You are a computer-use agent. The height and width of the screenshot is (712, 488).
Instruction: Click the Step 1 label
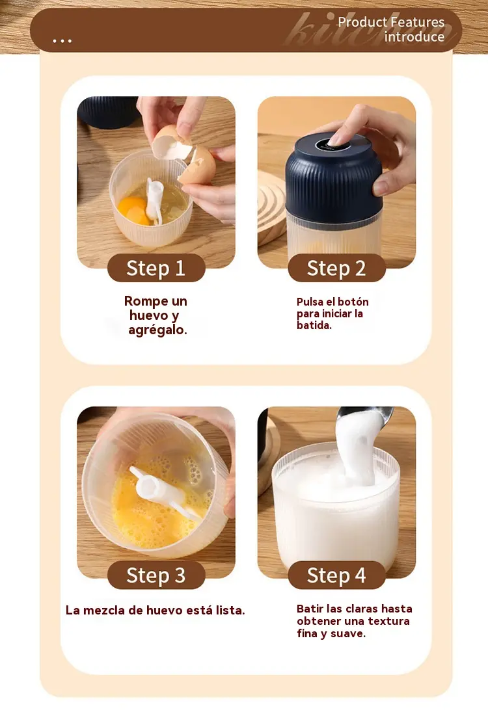pyautogui.click(x=156, y=268)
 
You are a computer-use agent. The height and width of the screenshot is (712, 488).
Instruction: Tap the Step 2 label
pyautogui.click(x=336, y=268)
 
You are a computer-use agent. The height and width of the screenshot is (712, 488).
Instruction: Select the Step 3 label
pyautogui.click(x=156, y=575)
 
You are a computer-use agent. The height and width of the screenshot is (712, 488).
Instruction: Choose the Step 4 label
pyautogui.click(x=336, y=575)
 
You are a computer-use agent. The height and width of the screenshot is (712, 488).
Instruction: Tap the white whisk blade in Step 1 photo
pyautogui.click(x=154, y=200)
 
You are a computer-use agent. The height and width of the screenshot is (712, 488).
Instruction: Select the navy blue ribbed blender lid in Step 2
pyautogui.click(x=334, y=179)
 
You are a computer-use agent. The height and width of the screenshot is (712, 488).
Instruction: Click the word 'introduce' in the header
pyautogui.click(x=414, y=36)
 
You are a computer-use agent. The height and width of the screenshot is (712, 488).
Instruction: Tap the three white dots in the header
pyautogui.click(x=62, y=41)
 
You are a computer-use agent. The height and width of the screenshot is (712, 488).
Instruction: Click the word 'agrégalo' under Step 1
pyautogui.click(x=157, y=330)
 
